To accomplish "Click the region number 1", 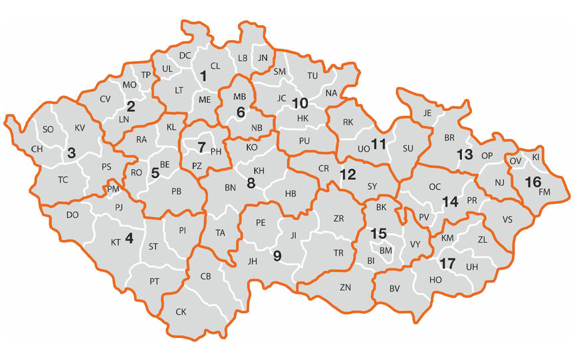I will click(203, 77).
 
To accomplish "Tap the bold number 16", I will click(532, 181).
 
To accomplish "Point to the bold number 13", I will click(463, 154).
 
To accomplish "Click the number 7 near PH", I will click(201, 145).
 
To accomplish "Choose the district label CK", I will click(181, 312).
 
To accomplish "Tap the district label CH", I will click(37, 149).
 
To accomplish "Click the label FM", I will click(545, 192).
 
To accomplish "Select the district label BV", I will click(395, 288).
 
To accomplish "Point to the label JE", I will click(427, 113).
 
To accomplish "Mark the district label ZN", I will click(345, 287).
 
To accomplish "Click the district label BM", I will click(386, 250).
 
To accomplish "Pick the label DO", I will click(72, 215).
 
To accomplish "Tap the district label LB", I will click(242, 58).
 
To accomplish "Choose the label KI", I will click(536, 157).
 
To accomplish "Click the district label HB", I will click(290, 194).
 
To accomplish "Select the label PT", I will click(154, 282).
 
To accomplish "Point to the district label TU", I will click(312, 76).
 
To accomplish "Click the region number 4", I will click(129, 238).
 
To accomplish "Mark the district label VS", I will click(508, 219).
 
